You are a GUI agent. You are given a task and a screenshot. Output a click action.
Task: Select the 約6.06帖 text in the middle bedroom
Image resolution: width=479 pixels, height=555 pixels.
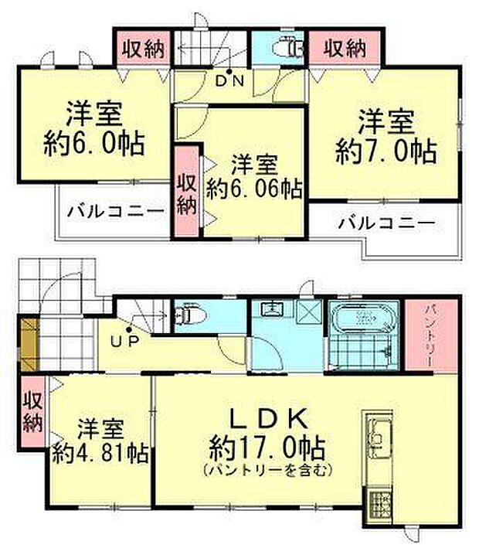(255, 188)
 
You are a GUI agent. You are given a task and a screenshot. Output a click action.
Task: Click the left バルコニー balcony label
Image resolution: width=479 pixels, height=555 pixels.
(114, 211)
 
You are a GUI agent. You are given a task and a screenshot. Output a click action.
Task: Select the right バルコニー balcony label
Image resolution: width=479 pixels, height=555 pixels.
(386, 223)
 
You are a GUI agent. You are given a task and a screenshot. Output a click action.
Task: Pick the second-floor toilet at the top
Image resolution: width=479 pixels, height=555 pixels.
(289, 49)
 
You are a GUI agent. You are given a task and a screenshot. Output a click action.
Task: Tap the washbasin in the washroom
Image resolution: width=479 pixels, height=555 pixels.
(273, 310)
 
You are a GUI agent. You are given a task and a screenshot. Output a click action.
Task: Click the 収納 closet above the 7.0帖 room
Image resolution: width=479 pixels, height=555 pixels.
(344, 49)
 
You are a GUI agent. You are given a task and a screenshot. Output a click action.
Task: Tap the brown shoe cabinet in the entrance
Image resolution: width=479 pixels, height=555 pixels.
(28, 342)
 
